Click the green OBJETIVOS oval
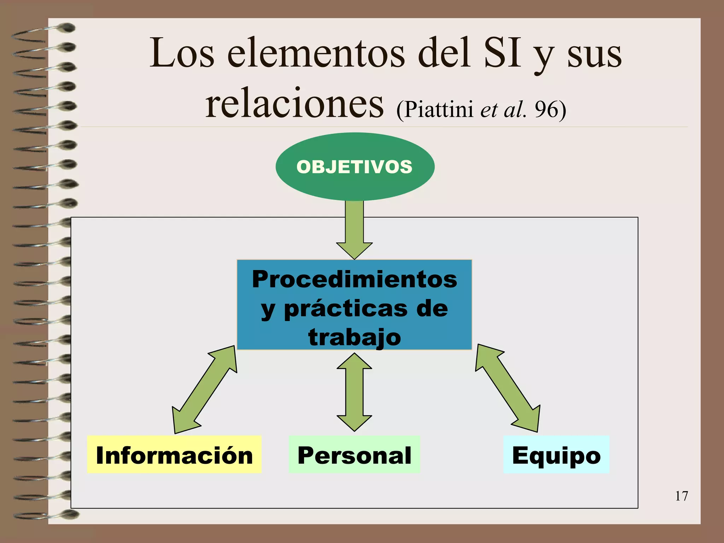pos(355,166)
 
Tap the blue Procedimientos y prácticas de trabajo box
pos(354,305)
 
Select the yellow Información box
pos(174,455)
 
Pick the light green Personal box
pos(354,455)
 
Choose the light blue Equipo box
pos(556,455)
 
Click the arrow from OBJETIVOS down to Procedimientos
pos(354,230)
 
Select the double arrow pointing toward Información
pos(204,390)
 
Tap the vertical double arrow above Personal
pos(354,392)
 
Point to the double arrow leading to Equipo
pos(508,388)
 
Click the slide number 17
pos(681,496)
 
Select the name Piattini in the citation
pos(439,109)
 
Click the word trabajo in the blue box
pos(355,337)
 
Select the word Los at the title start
pos(182,54)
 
